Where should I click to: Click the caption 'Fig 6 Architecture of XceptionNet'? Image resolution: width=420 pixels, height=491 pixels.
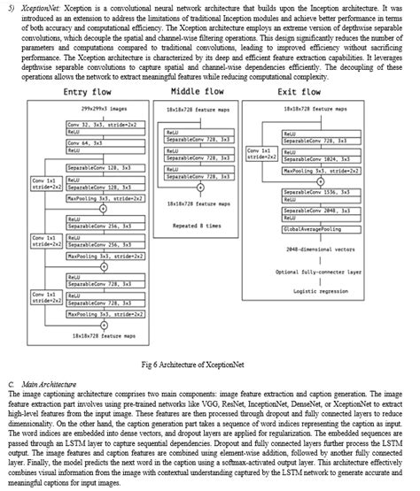click(x=209, y=364)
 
